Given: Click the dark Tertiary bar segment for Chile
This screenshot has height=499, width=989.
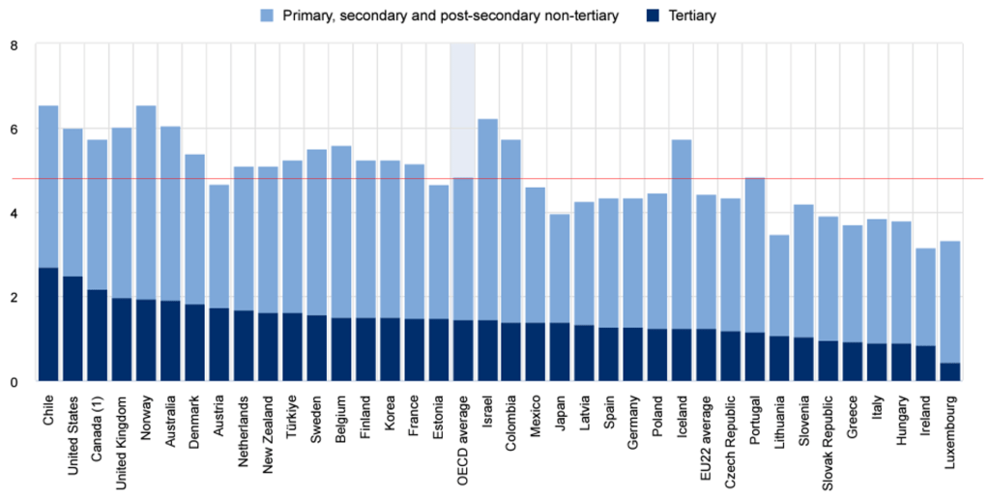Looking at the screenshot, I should tap(48, 324).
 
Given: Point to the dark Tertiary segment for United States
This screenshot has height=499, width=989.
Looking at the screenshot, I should tap(73, 329).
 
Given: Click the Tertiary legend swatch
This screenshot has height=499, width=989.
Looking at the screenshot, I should tap(652, 16).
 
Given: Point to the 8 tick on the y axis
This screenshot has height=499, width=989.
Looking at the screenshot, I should tap(14, 44).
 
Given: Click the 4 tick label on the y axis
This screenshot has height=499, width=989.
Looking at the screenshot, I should tap(14, 213).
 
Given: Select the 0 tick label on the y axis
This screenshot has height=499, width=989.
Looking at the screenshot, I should tap(14, 382).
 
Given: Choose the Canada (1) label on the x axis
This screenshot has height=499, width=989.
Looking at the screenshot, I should tap(98, 425).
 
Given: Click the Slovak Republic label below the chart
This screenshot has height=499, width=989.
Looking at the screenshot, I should tap(829, 436).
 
